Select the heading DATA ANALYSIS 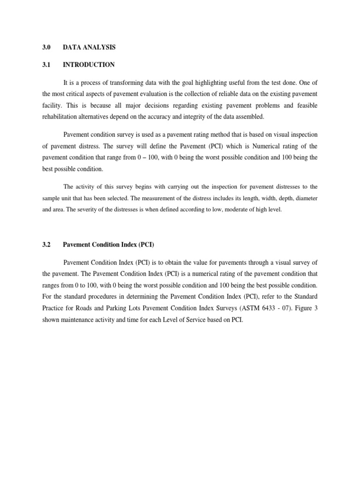click(89, 47)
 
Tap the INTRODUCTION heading click(89, 65)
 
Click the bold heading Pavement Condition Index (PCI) click(109, 245)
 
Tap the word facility click(51, 105)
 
